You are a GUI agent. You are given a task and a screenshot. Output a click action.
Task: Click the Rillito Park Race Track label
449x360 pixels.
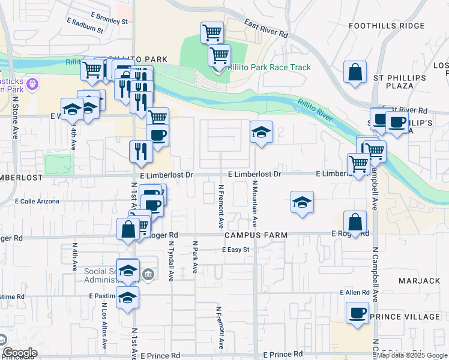pos(268,67)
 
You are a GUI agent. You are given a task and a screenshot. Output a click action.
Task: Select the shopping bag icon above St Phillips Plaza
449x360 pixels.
pos(355,72)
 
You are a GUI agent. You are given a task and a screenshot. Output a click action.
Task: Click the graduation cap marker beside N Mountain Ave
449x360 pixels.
pos(261,133)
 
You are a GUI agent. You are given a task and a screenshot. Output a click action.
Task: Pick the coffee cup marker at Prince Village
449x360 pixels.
pos(358,314)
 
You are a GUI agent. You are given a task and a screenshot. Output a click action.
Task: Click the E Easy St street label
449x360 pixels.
pos(235,250)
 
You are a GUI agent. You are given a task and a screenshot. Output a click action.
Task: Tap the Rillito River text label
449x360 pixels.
pos(315,110)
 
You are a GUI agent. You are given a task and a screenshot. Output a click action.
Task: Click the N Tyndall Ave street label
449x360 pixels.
pos(171,262)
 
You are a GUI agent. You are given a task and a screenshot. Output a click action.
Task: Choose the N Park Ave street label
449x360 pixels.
pos(194,257)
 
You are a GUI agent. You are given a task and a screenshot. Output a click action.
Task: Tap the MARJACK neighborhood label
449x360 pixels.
pos(419,281)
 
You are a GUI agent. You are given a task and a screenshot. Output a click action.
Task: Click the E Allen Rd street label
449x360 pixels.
pos(354,292)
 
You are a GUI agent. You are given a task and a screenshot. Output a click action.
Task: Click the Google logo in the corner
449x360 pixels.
pos(19,353)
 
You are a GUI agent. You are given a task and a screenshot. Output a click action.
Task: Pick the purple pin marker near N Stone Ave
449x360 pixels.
pos(32,82)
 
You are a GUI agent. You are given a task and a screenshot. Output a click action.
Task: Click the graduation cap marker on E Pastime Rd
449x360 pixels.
pos(127,298)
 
